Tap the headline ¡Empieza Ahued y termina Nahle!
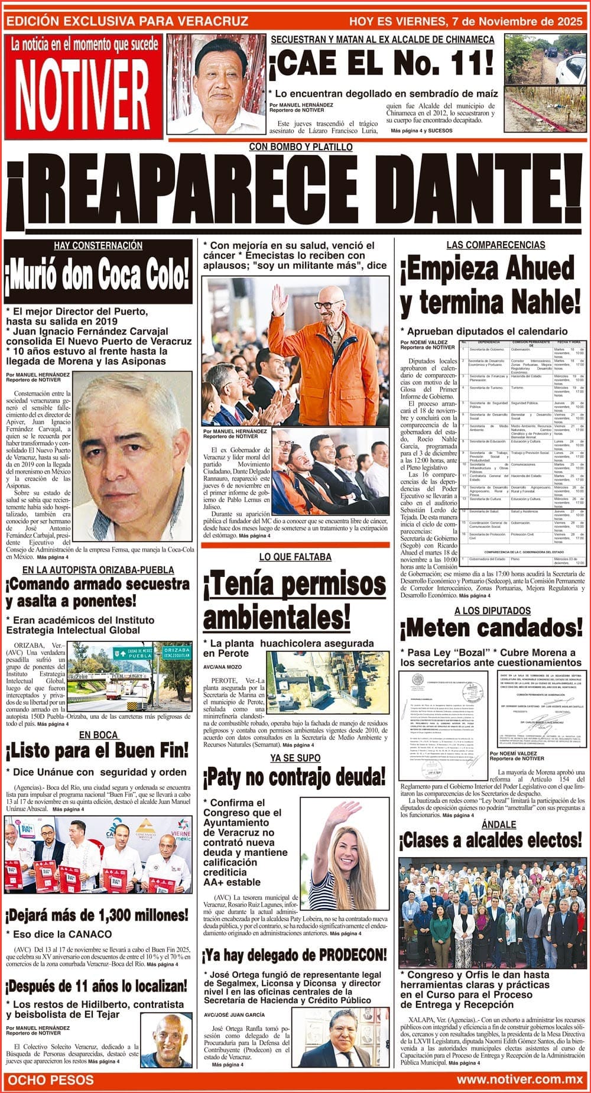489,287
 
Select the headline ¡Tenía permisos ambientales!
294,602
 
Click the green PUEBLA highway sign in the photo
139,653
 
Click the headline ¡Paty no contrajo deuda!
294,779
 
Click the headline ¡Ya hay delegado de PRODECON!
294,955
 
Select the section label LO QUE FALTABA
295,557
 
